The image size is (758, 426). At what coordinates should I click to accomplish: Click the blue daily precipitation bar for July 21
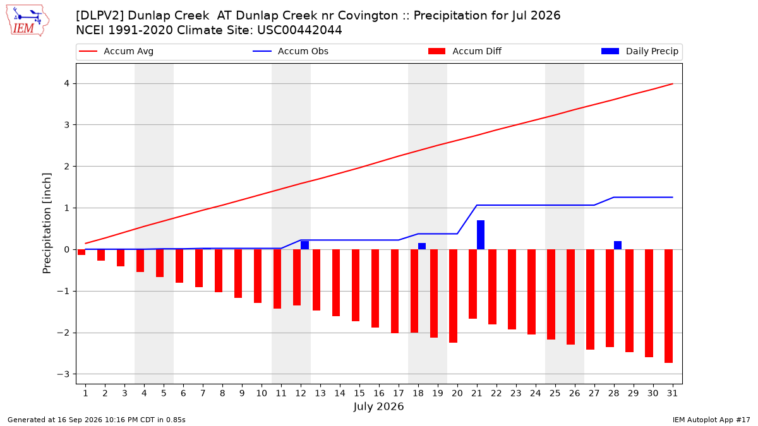coord(481,235)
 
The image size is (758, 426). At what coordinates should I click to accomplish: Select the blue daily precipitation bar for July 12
coord(304,245)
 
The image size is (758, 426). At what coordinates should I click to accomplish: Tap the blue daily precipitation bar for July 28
coord(618,245)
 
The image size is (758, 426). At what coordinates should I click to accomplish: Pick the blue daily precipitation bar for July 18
coord(422,246)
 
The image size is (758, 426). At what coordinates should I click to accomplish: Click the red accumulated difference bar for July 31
coord(668,306)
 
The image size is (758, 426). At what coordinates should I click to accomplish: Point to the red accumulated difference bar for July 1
coord(81,252)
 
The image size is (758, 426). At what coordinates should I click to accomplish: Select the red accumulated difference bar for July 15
coord(355,285)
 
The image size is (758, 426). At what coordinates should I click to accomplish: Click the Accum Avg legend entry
coord(116,51)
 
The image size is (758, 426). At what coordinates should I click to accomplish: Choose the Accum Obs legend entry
coord(291,51)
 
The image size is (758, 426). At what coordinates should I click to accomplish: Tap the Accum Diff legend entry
coord(465,51)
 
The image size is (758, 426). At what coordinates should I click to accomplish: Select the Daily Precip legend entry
coord(639,51)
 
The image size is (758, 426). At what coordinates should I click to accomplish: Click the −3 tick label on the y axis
coord(63,374)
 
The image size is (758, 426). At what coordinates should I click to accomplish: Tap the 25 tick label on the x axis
coord(555,393)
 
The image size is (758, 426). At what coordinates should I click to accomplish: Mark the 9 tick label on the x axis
coord(241,393)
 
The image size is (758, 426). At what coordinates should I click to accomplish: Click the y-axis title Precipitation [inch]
coord(47,223)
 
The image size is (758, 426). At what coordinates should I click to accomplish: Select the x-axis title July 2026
coord(378,406)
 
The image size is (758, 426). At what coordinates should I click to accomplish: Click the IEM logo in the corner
coord(28,21)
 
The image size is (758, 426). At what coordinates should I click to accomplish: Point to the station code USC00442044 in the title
coord(299,30)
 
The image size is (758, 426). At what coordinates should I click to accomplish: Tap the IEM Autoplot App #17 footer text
coord(711,420)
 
